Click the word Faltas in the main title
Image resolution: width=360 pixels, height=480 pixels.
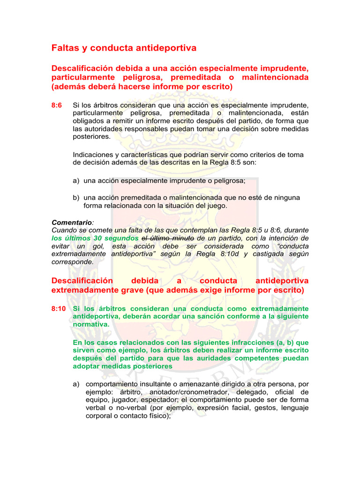point(65,48)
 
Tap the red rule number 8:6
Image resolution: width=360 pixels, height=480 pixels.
point(57,105)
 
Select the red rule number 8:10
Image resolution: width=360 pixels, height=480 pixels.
point(58,308)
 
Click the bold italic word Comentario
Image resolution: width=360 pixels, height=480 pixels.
point(70,223)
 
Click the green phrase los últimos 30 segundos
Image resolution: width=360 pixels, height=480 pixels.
point(95,238)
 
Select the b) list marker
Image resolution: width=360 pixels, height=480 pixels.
point(76,197)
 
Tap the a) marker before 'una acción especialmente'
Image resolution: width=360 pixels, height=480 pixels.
point(76,180)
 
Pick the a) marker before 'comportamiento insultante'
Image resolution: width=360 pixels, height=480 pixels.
point(76,384)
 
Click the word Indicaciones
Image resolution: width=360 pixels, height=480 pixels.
point(93,155)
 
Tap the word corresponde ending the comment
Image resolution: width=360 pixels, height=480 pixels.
point(72,262)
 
